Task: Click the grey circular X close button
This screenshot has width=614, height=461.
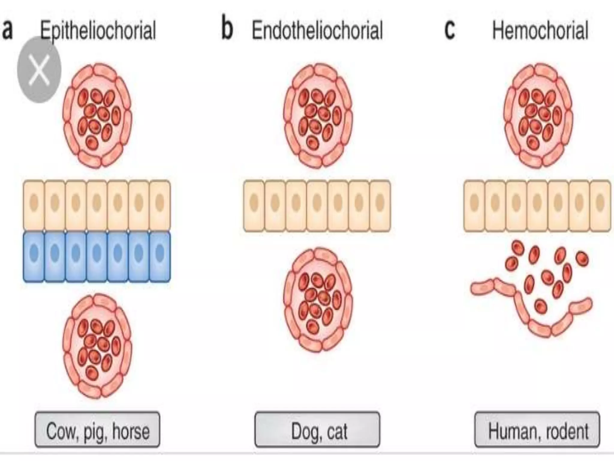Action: click(39, 70)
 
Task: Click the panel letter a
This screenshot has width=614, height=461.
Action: click(7, 30)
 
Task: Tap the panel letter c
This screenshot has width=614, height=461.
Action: click(449, 30)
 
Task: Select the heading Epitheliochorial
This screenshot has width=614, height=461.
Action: click(98, 30)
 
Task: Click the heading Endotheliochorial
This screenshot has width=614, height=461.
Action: click(317, 30)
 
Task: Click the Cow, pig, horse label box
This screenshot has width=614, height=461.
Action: click(97, 429)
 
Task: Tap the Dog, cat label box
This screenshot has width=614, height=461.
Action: click(317, 429)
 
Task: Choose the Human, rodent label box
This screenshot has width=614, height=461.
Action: click(537, 429)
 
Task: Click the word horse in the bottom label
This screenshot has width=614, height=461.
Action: click(131, 431)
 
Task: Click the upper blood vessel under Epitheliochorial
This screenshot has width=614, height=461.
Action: click(97, 116)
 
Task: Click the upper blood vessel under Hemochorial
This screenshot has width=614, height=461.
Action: click(538, 116)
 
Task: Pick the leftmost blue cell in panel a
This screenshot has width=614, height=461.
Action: click(34, 257)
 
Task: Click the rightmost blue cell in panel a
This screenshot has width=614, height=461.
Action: click(160, 257)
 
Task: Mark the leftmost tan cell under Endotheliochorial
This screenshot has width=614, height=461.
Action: click(254, 206)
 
